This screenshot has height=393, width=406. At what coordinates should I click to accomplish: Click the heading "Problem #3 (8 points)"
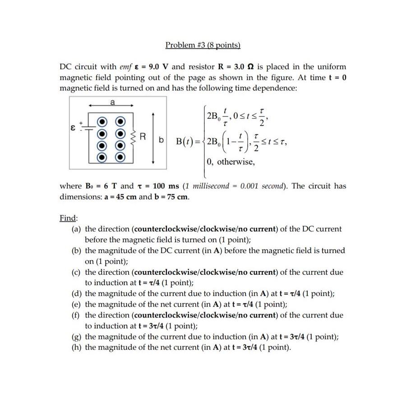tap(203, 45)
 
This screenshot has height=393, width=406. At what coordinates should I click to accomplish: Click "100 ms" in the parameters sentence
tap(166, 186)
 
